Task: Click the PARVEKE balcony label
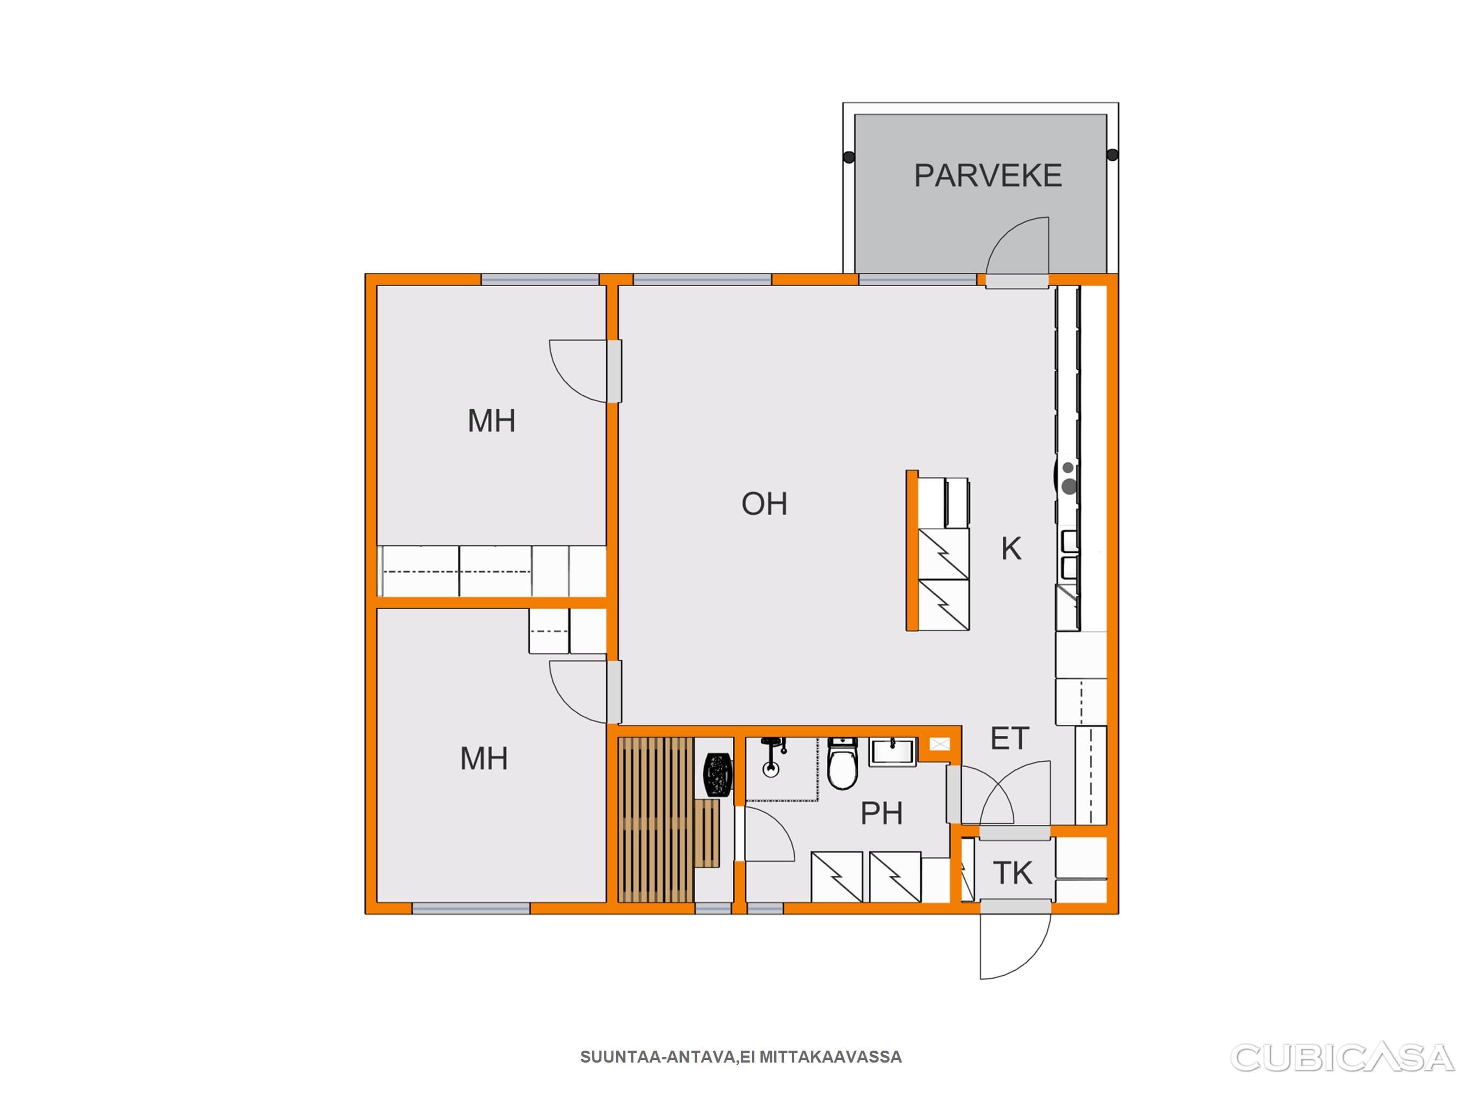(x=988, y=175)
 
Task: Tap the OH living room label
(x=764, y=504)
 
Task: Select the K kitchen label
(x=1011, y=548)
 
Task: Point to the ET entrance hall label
(x=1010, y=738)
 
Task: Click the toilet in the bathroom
(x=843, y=764)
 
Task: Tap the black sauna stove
(x=718, y=775)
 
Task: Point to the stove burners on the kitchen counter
(x=1069, y=478)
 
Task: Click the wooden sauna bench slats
(x=656, y=820)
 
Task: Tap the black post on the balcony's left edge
(x=849, y=157)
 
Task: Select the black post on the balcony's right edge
(x=1113, y=155)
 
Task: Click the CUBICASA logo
(x=1342, y=1058)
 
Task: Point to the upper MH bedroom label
(x=492, y=421)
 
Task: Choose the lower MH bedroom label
(x=484, y=759)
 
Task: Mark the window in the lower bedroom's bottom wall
(x=470, y=908)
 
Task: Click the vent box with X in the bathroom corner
(x=940, y=744)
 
